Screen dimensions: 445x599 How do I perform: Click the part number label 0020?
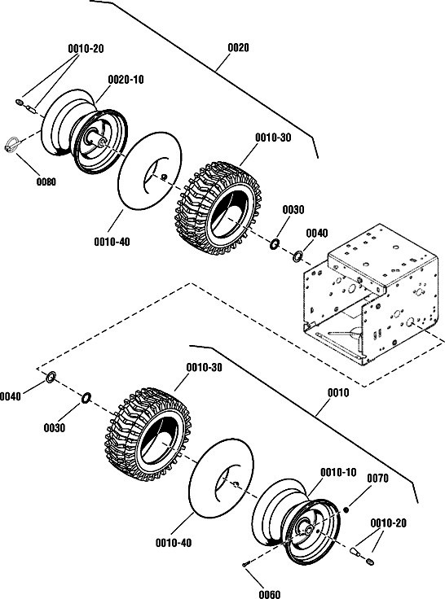(238, 48)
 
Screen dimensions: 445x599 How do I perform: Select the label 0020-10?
(126, 80)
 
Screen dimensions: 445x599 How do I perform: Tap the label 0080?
(46, 181)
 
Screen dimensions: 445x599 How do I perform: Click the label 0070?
(377, 479)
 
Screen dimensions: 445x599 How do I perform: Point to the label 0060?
(270, 594)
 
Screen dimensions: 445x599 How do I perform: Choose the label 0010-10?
(338, 473)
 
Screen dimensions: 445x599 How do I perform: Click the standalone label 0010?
(338, 393)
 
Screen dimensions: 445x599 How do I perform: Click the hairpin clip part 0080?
(11, 144)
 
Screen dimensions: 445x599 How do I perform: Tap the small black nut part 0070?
(346, 510)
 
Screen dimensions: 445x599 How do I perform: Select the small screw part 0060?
(245, 563)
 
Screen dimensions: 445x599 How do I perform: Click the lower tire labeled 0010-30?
(148, 435)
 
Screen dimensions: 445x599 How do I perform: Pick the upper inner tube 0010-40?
(150, 170)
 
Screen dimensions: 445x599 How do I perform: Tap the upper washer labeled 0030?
(275, 244)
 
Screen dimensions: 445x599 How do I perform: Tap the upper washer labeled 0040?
(297, 256)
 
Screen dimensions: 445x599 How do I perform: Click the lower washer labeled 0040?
(51, 377)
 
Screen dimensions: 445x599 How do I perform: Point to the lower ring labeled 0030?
(86, 397)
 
